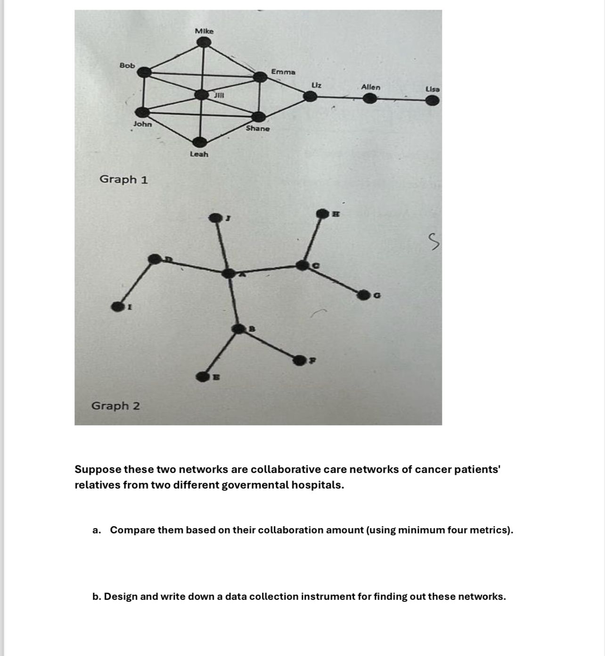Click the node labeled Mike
click(x=204, y=43)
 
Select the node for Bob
click(x=144, y=72)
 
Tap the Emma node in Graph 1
click(x=260, y=76)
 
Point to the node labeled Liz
click(x=310, y=96)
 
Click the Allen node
click(x=370, y=99)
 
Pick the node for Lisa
click(x=432, y=100)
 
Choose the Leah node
click(x=200, y=142)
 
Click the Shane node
click(x=258, y=117)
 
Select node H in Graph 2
click(x=322, y=214)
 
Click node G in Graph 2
click(x=363, y=295)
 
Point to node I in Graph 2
click(x=117, y=307)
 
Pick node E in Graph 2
click(x=203, y=376)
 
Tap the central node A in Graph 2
click(x=229, y=274)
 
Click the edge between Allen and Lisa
click(x=401, y=99)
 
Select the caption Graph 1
click(x=123, y=179)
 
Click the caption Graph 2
click(x=115, y=406)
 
